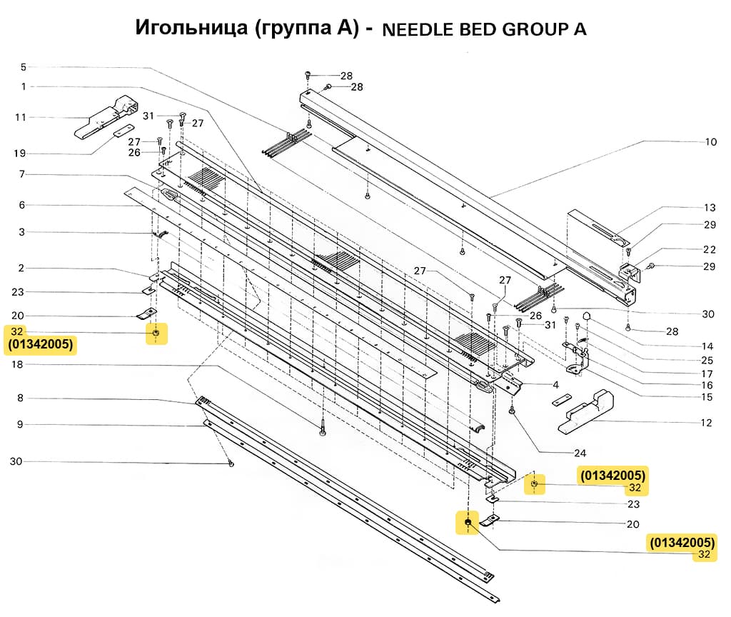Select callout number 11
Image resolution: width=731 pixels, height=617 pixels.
[20, 116]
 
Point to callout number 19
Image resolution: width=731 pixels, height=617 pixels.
[20, 154]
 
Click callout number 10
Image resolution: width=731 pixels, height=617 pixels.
[710, 142]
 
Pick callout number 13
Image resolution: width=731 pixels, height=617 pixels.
[709, 208]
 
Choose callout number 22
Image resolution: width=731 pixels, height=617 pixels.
[709, 249]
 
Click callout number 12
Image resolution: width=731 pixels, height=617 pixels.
[706, 423]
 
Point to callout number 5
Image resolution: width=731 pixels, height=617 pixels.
[23, 67]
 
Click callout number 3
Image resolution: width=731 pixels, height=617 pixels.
[22, 232]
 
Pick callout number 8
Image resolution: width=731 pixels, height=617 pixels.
[21, 398]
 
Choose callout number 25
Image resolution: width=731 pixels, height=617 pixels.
[707, 360]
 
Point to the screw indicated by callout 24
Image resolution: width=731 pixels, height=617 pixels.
[513, 411]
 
